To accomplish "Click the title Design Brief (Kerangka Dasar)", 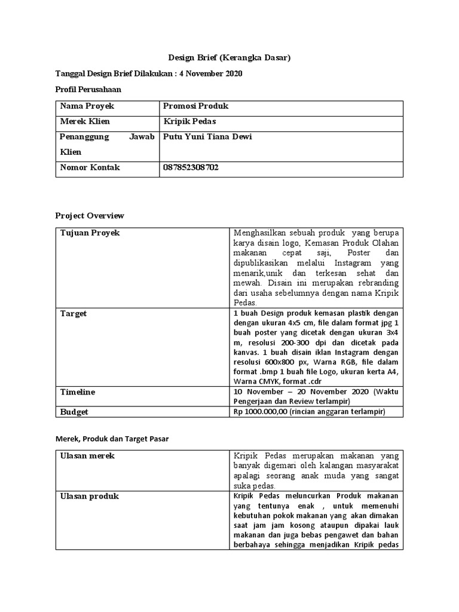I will tap(229, 58).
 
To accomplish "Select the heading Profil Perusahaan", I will tap(88, 90).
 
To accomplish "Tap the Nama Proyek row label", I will tap(87, 106).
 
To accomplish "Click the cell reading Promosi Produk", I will tap(196, 106).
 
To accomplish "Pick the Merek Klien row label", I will tap(85, 122).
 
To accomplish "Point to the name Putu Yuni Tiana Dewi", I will tap(207, 137).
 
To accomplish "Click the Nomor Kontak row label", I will tap(90, 168).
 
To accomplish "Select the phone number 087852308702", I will tap(191, 168).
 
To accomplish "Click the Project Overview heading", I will tap(90, 216).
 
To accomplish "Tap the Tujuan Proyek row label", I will tap(90, 233).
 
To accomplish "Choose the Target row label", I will tap(74, 313).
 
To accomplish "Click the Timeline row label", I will tap(78, 392).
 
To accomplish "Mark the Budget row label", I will tap(75, 412).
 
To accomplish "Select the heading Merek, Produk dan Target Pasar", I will tap(112, 439).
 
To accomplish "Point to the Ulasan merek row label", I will tap(87, 456).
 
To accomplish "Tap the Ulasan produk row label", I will tap(90, 496).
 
